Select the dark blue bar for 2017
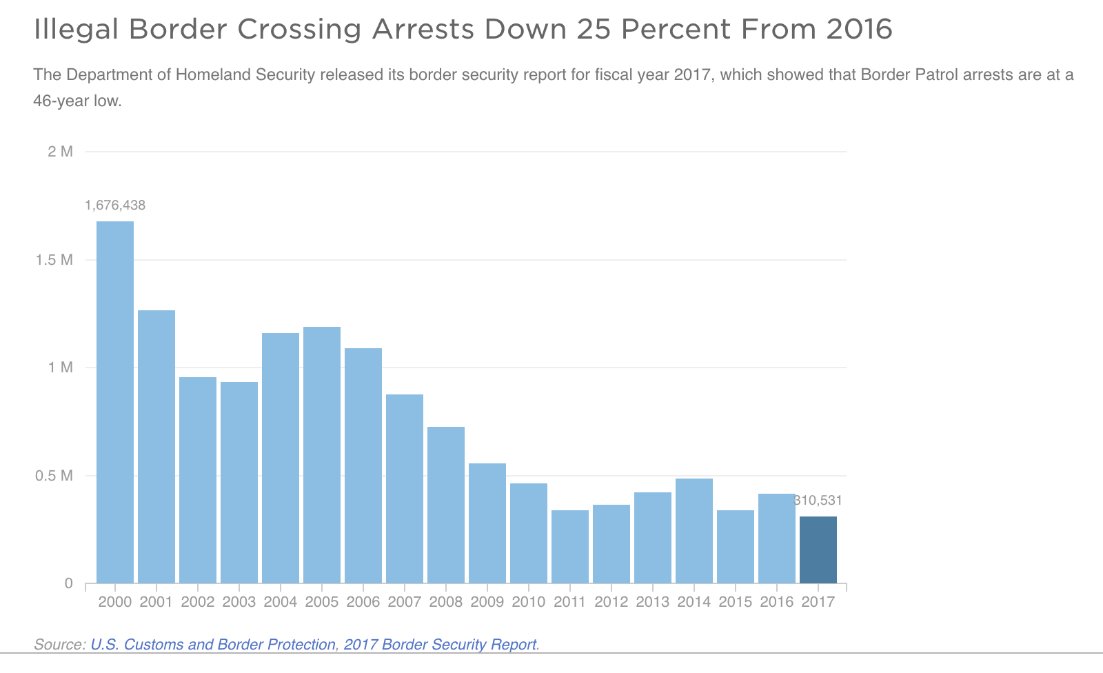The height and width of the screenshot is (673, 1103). click(x=818, y=550)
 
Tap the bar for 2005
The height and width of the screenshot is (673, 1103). click(x=322, y=455)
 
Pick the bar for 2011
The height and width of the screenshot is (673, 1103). click(x=570, y=547)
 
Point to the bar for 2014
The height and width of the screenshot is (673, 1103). click(x=694, y=531)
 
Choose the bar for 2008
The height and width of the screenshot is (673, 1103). click(x=446, y=505)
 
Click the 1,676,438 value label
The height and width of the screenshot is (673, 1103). click(x=115, y=205)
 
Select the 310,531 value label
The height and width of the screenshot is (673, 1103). click(x=819, y=501)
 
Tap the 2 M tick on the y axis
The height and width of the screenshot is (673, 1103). click(x=61, y=152)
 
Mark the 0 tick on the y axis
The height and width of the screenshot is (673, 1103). click(x=68, y=583)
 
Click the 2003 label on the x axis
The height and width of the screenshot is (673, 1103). click(x=239, y=602)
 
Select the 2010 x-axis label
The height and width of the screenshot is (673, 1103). click(x=529, y=602)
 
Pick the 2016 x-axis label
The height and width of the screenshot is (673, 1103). click(x=777, y=602)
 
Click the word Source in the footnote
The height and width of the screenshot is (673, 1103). click(x=59, y=645)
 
